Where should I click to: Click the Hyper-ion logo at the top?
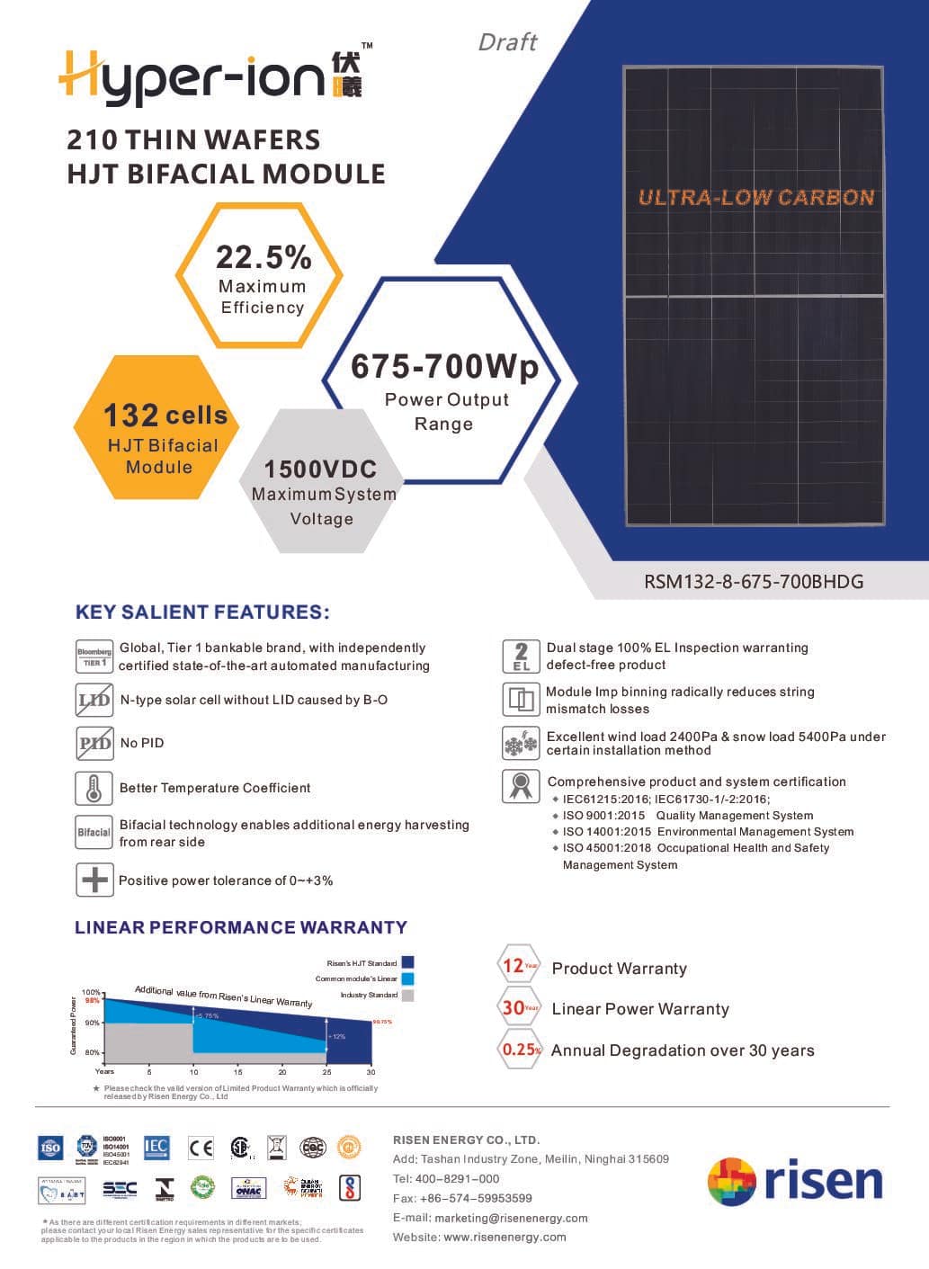210,75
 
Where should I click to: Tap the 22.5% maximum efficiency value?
263,258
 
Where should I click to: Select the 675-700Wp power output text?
444,367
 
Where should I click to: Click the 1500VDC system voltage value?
320,469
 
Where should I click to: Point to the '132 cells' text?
165,416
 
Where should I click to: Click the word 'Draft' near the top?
507,42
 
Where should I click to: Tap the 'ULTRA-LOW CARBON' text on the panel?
755,198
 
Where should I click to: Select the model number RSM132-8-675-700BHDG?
754,581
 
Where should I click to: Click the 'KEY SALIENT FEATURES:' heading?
202,612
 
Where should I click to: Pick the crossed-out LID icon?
94,700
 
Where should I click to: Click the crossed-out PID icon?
94,743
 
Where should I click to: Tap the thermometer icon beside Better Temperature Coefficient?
94,788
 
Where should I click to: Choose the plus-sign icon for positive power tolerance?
94,880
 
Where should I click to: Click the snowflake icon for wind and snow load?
520,743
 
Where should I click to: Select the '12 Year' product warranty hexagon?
519,967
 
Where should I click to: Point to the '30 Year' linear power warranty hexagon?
519,1008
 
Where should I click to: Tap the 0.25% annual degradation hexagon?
521,1050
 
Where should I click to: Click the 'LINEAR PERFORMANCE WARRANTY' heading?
241,927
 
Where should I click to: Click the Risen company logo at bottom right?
795,1181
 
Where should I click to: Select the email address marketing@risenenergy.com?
511,1218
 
